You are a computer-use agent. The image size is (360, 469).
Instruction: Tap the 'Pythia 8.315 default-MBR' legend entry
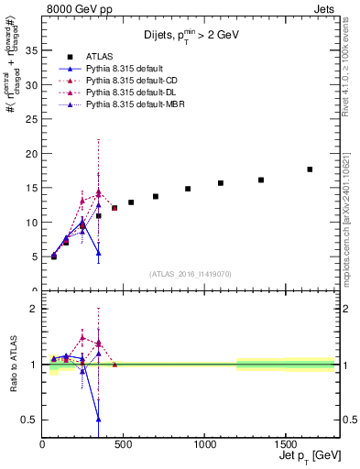(x=124, y=104)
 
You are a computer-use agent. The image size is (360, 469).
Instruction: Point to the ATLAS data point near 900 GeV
(x=188, y=189)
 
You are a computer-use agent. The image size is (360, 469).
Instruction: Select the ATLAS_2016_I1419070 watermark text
(x=190, y=273)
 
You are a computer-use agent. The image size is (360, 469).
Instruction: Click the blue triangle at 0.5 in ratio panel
(x=98, y=419)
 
